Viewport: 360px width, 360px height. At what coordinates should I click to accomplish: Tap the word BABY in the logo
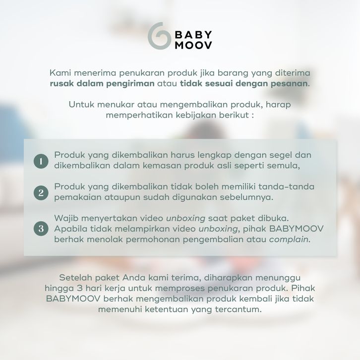point(193,35)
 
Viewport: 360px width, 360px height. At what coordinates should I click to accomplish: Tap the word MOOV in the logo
point(193,45)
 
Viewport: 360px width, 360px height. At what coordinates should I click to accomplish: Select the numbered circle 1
point(41,161)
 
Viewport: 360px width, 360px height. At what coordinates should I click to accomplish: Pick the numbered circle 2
point(41,192)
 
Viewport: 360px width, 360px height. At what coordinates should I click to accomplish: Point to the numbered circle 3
point(41,229)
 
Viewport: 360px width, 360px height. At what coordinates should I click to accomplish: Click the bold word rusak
point(62,83)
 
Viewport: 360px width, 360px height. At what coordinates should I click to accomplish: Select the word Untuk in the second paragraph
point(81,105)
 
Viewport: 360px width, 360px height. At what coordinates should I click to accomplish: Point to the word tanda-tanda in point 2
point(286,186)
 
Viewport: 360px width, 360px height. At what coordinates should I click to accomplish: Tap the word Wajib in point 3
point(66,218)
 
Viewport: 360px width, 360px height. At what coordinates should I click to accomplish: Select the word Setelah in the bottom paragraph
point(75,278)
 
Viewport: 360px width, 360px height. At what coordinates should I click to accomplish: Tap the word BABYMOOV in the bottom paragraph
point(73,299)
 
